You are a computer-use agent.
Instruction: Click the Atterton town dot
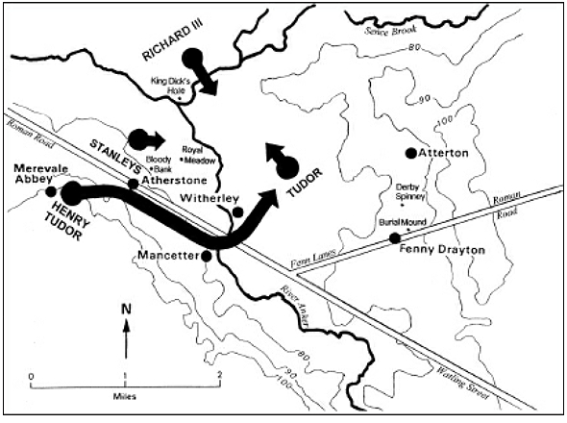pos(411,154)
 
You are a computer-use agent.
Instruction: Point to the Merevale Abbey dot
pos(50,191)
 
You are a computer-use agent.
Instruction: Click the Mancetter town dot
pos(206,257)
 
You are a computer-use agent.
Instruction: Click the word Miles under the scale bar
pos(124,394)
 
